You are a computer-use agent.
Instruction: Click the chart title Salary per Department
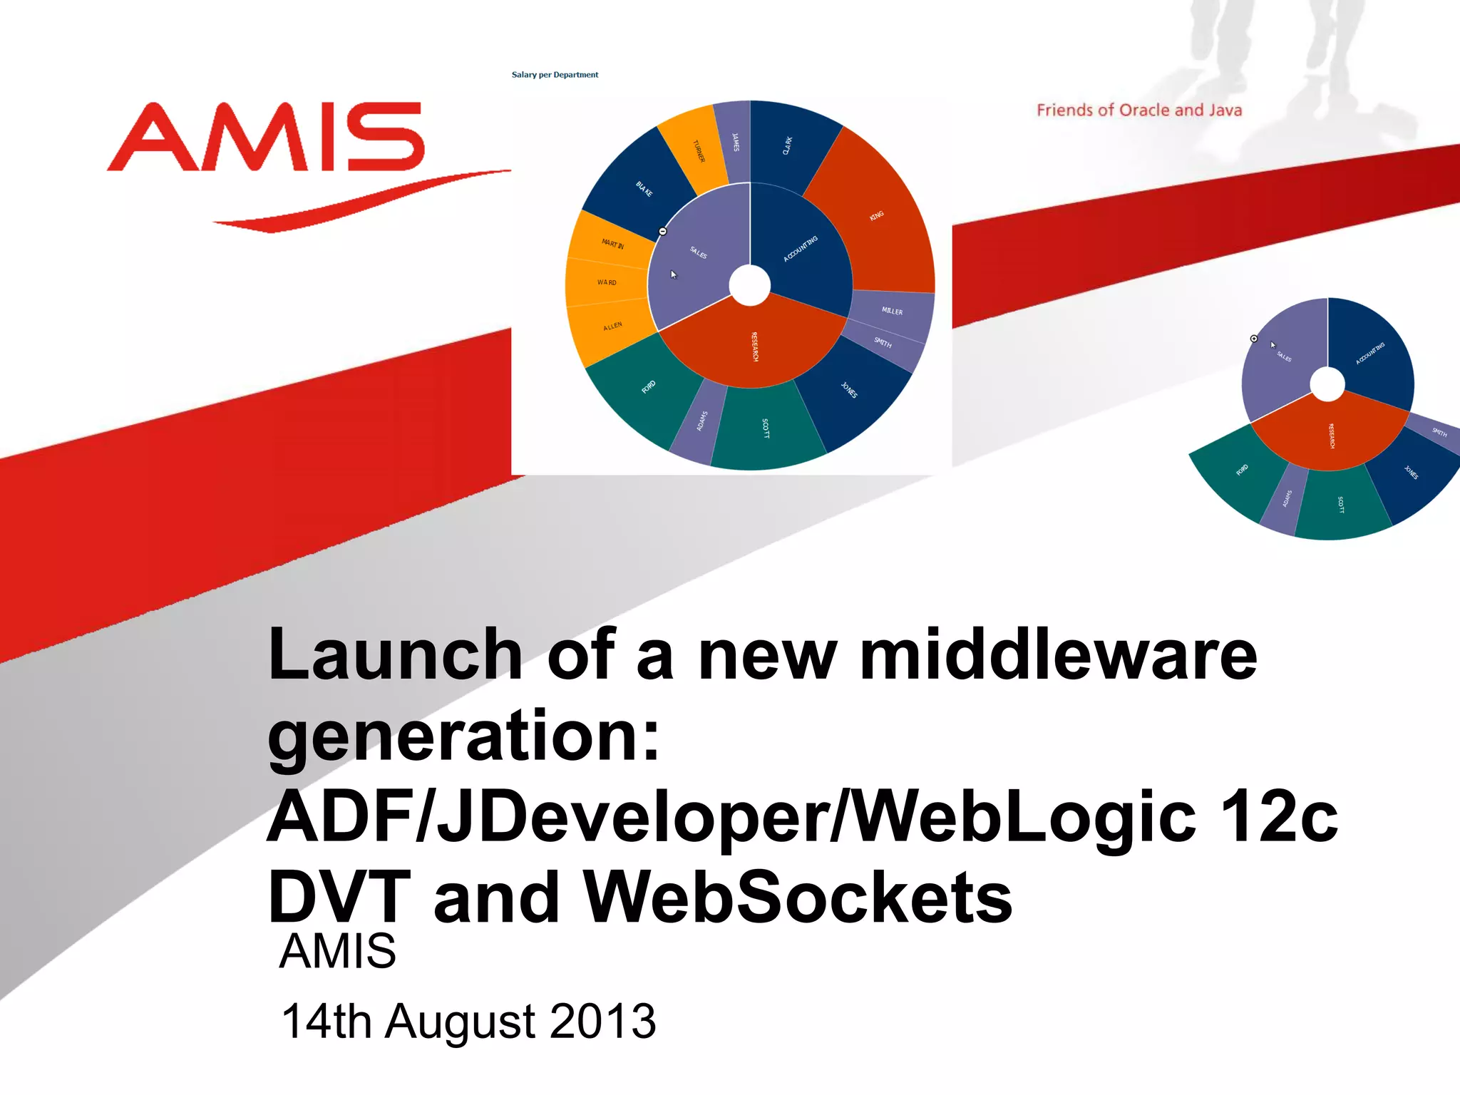[x=555, y=75]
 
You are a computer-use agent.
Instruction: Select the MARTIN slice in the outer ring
[x=612, y=244]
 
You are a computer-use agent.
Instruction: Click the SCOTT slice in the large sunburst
[x=766, y=428]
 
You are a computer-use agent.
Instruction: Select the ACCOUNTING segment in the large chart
[x=802, y=250]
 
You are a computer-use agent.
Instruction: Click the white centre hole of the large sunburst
[x=750, y=285]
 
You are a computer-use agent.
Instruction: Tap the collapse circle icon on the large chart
[x=662, y=232]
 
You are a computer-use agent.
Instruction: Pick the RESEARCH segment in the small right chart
[x=1330, y=435]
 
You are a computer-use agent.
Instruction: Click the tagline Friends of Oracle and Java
[x=1138, y=110]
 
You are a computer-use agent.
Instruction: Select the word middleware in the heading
[x=1058, y=656]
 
